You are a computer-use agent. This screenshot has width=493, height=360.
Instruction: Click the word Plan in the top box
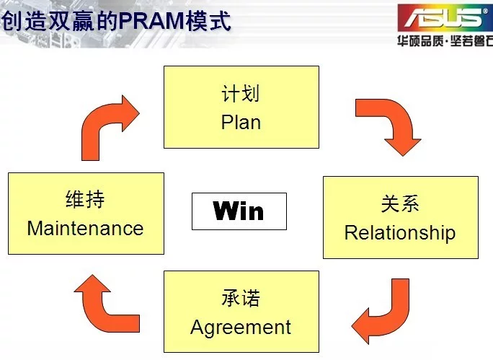241,122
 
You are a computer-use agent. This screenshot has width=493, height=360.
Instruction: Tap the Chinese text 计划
241,93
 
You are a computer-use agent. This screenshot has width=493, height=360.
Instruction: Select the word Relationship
400,233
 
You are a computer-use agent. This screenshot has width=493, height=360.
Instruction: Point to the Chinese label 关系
400,203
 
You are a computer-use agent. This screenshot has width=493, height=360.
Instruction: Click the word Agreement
241,328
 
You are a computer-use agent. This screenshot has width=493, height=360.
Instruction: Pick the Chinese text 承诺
241,298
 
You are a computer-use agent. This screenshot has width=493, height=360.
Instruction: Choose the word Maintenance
85,228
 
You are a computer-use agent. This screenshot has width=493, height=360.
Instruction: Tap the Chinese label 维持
85,199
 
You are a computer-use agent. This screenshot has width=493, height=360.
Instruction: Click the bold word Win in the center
239,211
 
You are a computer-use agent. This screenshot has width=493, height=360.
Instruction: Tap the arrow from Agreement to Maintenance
101,308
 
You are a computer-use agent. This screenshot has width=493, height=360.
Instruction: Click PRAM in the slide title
151,21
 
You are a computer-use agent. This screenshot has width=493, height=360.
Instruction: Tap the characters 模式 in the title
208,21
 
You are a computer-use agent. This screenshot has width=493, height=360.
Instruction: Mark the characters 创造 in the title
25,21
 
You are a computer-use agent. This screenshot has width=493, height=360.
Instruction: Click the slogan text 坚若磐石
471,41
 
